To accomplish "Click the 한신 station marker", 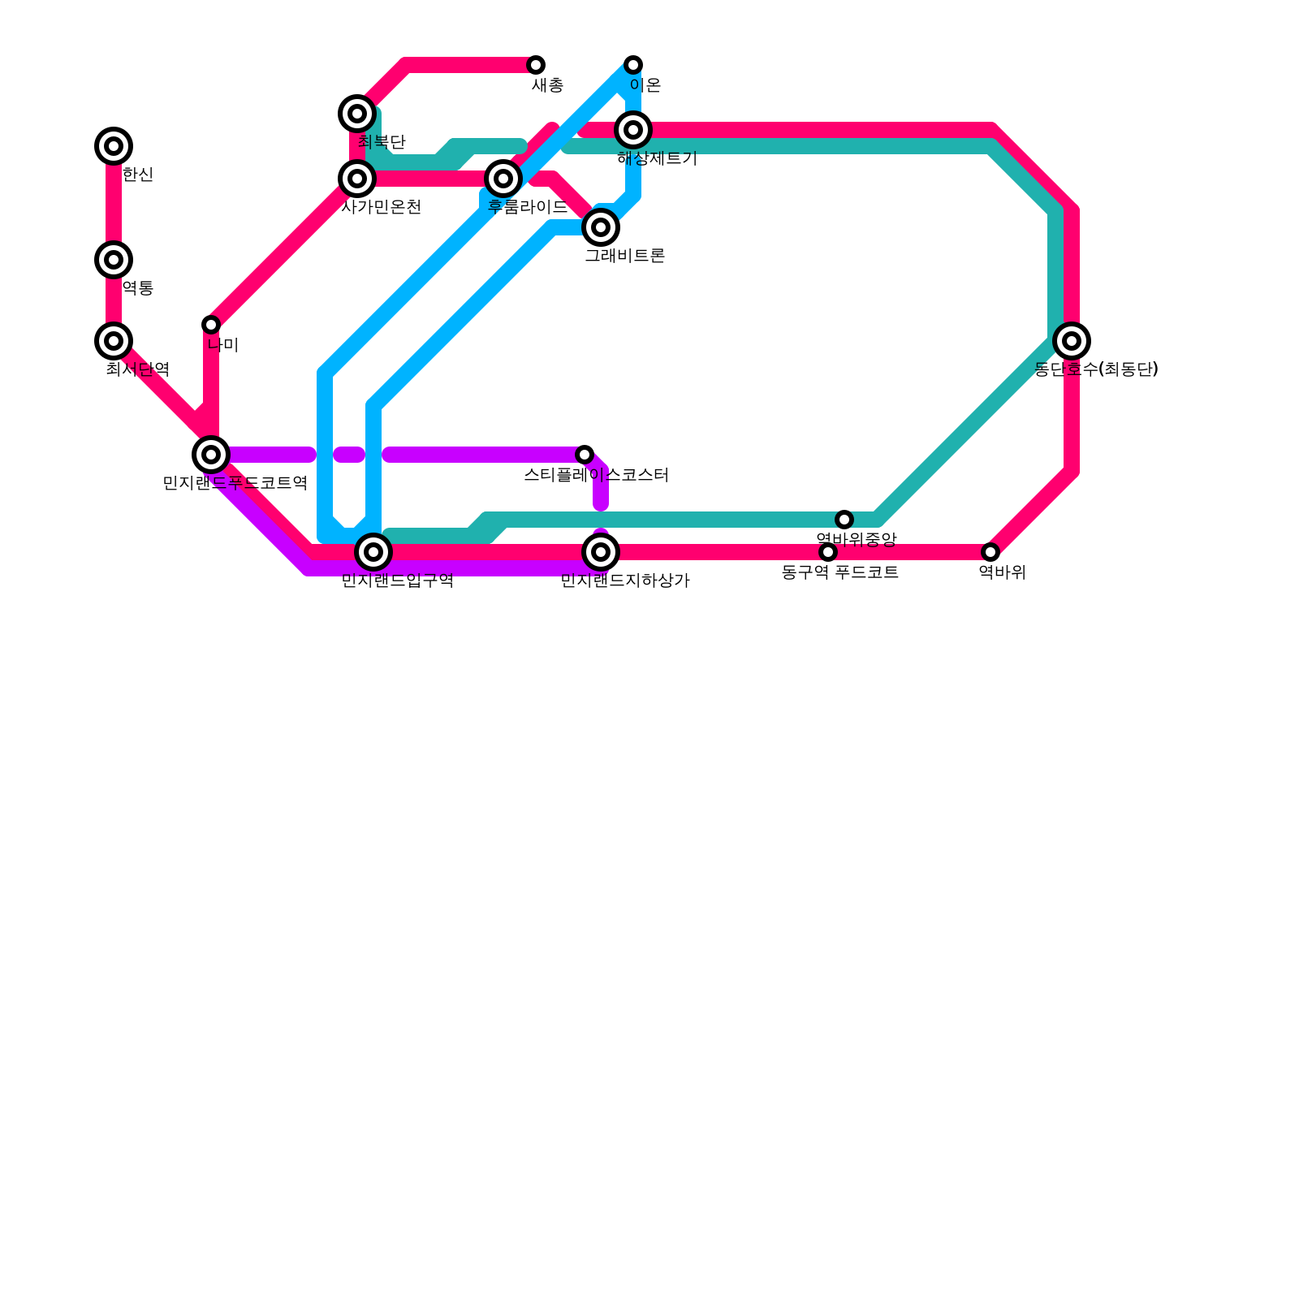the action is pos(114,146).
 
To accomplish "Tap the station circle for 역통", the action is pos(114,260).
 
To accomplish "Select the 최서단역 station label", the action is pos(137,369).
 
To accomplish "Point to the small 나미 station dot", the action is pos(211,325).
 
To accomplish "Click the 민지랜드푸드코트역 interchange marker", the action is pos(211,455).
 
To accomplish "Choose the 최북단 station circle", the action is pos(357,114).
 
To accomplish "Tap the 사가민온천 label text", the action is pos(381,207).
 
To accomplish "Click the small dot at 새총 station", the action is pos(536,65).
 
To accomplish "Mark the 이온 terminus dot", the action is pos(633,65).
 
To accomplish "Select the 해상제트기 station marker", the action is pos(633,130).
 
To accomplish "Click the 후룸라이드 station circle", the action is pos(503,179).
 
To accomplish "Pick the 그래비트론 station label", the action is pos(624,256).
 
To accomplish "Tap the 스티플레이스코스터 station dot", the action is pos(585,455).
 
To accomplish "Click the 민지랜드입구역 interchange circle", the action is pos(373,552).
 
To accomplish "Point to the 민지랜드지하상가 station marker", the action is pos(601,552).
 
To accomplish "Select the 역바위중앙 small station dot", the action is pos(844,520).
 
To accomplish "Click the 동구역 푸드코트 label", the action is pos(839,572).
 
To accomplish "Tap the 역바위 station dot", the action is pos(990,552).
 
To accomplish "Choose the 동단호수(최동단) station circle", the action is pos(1072,341).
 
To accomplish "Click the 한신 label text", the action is pos(137,175).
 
